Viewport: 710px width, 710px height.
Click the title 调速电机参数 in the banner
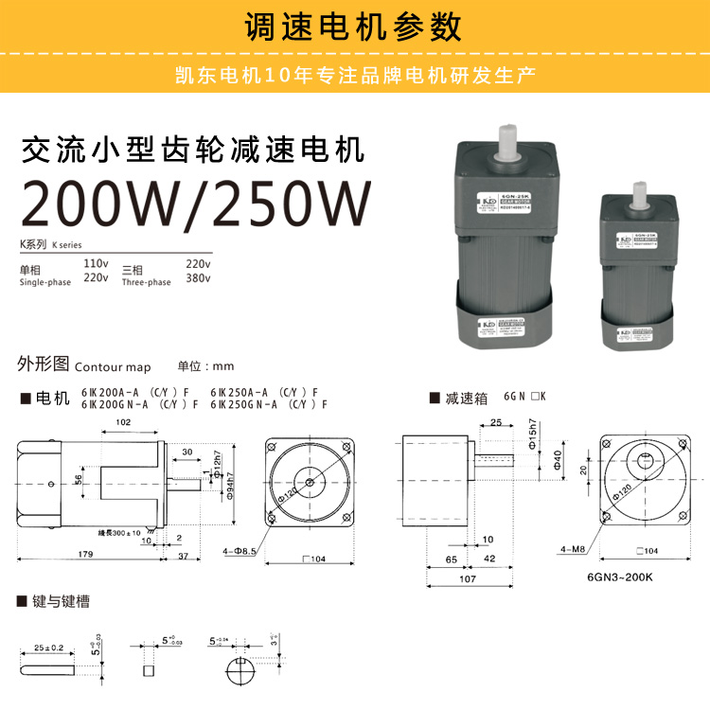(x=354, y=26)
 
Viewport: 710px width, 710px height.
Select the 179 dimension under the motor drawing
(x=85, y=555)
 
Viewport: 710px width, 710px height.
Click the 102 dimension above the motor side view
(x=123, y=423)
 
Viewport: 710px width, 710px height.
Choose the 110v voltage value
(x=96, y=262)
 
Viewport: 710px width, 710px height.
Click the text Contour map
(x=113, y=366)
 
